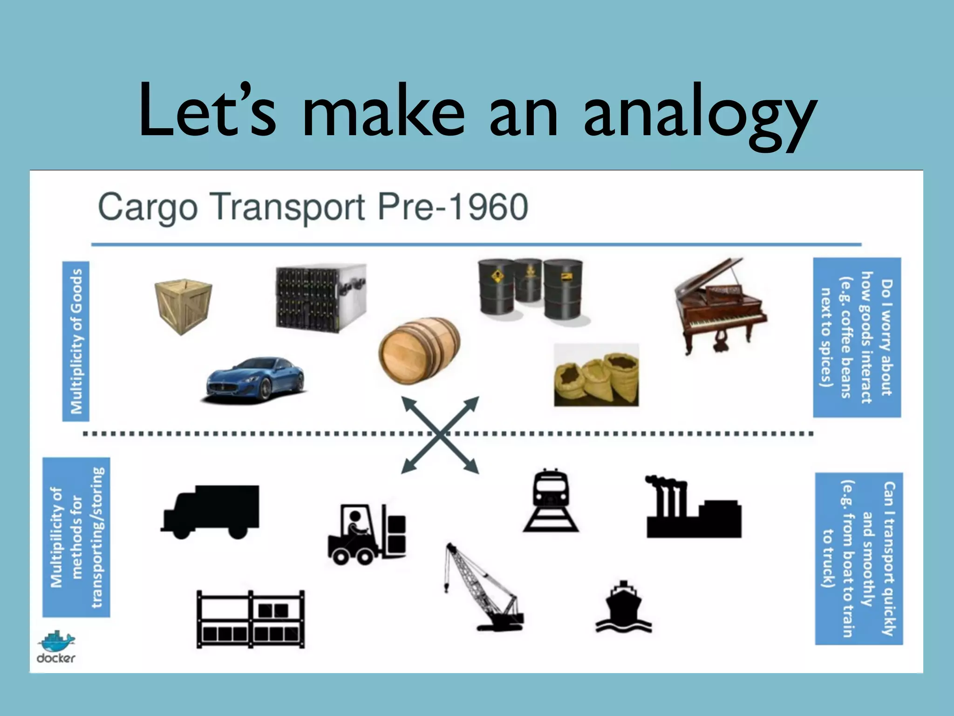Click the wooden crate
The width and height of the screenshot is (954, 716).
[x=183, y=305]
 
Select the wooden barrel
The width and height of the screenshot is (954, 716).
[x=419, y=351]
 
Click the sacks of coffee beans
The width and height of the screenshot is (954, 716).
[x=596, y=375]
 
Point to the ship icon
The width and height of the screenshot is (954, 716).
[x=624, y=606]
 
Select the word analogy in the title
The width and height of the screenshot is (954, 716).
[x=699, y=114]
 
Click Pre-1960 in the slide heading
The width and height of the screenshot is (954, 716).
[x=452, y=207]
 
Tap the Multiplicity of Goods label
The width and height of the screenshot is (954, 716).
[x=76, y=341]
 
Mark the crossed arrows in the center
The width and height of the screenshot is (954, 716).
[x=440, y=435]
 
